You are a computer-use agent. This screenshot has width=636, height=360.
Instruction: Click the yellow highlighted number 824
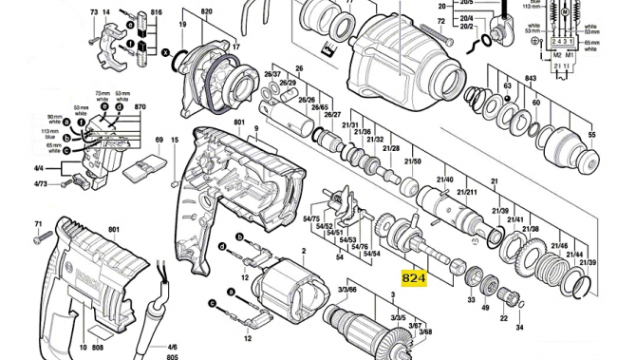414,278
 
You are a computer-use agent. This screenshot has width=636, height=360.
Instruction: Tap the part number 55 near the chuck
592,136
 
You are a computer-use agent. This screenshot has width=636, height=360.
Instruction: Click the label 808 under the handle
98,348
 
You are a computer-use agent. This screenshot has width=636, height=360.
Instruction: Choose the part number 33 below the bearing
470,300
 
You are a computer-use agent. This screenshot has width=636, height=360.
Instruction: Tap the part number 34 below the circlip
518,327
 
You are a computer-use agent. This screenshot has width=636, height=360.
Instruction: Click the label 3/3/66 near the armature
347,289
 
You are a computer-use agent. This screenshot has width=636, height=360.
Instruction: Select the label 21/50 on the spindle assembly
412,161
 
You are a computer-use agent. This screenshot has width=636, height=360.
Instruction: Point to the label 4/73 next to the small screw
41,183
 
